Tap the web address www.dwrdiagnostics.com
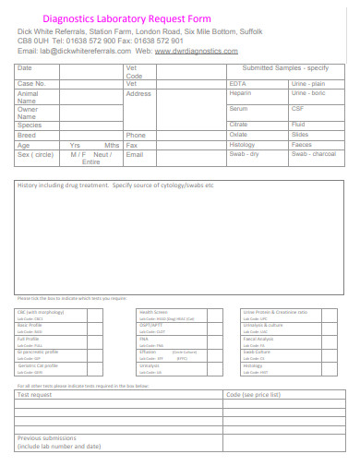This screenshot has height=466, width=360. pyautogui.click(x=198, y=52)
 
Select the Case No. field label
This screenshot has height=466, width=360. pyautogui.click(x=31, y=84)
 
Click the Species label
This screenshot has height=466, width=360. pyautogui.click(x=30, y=125)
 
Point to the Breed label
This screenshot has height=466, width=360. pyautogui.click(x=27, y=136)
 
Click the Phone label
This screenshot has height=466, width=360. pyautogui.click(x=136, y=136)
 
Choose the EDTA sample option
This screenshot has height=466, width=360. pyautogui.click(x=237, y=84)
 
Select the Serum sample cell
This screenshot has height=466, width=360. pyautogui.click(x=239, y=109)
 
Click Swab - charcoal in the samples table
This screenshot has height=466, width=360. pyautogui.click(x=313, y=154)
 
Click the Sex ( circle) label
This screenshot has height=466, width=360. pyautogui.click(x=36, y=154)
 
